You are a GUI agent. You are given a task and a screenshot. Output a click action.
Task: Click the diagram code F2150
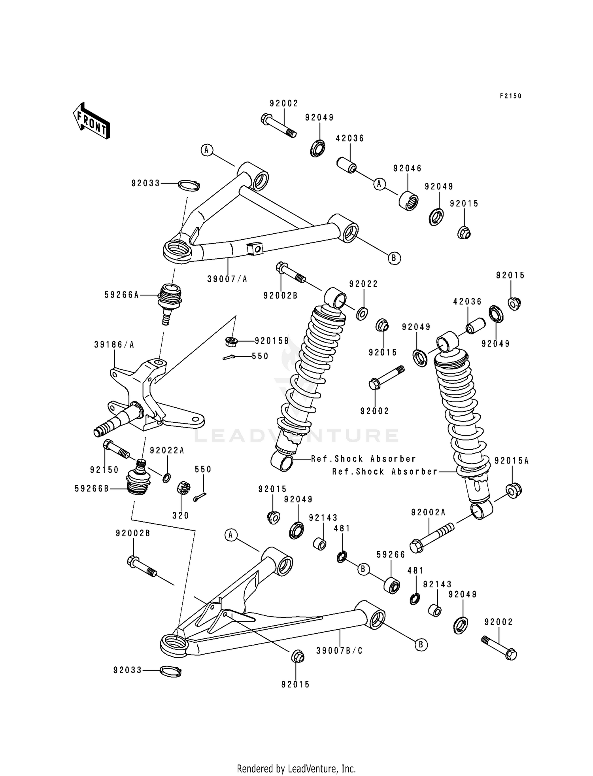pyautogui.click(x=510, y=96)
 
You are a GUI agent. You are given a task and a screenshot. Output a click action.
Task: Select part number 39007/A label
pyautogui.click(x=227, y=279)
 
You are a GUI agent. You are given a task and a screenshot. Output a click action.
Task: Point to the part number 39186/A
pyautogui.click(x=114, y=345)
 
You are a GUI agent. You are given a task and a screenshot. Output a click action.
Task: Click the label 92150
pyautogui.click(x=104, y=470)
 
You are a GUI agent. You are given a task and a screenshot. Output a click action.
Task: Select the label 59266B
pyautogui.click(x=92, y=489)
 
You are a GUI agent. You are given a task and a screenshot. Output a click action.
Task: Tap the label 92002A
pyautogui.click(x=429, y=513)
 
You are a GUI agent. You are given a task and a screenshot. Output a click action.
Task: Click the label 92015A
pyautogui.click(x=512, y=461)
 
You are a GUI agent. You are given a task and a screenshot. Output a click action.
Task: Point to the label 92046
pyautogui.click(x=407, y=168)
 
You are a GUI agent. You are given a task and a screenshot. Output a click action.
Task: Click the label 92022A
pyautogui.click(x=167, y=450)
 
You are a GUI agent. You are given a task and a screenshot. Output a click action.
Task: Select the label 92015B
pyautogui.click(x=272, y=341)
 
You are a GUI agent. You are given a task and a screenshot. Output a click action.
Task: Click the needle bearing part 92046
pyautogui.click(x=408, y=201)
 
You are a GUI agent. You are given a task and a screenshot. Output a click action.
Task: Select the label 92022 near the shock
pyautogui.click(x=363, y=284)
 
